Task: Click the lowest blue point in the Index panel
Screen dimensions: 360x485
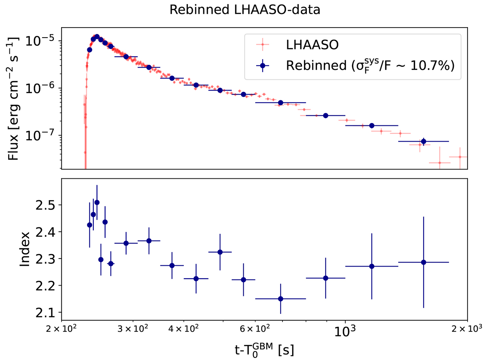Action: tap(280, 299)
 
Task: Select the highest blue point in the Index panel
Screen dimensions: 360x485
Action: tap(97, 202)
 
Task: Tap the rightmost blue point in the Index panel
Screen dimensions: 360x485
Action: tap(424, 262)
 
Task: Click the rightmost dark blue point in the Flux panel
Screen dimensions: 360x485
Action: tap(424, 141)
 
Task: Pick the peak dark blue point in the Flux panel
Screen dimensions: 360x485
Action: tap(97, 37)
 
